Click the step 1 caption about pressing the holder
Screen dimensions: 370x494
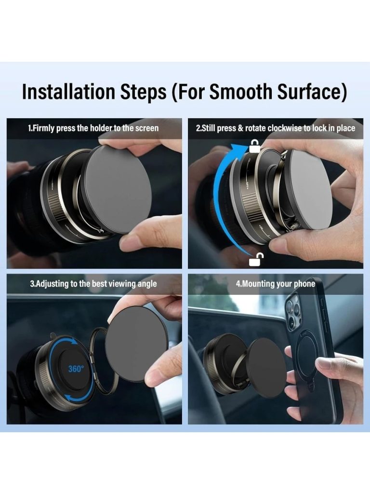tap(93, 128)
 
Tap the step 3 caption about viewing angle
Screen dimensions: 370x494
tap(93, 284)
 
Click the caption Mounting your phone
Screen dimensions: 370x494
tap(275, 284)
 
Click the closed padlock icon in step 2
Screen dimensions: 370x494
tap(254, 147)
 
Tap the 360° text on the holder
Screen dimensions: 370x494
tap(76, 368)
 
